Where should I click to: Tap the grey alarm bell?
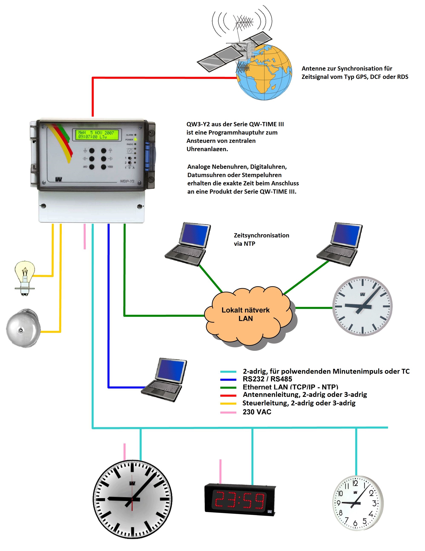[23, 328]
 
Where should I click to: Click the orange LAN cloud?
[246, 315]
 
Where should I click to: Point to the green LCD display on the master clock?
[97, 135]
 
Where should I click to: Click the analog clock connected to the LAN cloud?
[362, 306]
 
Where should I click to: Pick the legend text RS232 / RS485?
[267, 379]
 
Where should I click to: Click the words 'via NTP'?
[244, 244]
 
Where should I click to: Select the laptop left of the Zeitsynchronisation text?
[188, 243]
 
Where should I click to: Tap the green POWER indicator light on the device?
[135, 139]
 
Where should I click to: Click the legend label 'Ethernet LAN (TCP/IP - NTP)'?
[290, 387]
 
